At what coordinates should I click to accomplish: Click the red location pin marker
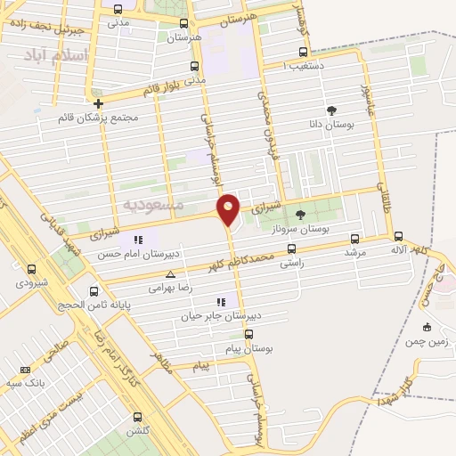point(228,208)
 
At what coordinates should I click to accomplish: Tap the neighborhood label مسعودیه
point(152,205)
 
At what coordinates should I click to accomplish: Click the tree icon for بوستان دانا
point(332,111)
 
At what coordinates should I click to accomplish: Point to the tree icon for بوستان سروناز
point(299,214)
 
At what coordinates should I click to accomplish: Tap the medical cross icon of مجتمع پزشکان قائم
point(98,103)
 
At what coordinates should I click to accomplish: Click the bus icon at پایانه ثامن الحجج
point(94,291)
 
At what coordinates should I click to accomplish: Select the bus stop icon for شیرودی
point(32,269)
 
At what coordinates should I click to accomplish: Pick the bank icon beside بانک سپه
point(24,370)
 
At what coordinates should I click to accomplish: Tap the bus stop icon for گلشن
point(137,417)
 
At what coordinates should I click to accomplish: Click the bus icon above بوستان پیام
point(248,335)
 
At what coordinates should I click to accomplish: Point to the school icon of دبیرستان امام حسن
point(137,240)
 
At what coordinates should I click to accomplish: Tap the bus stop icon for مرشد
point(355,239)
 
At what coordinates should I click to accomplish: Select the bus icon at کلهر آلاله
point(398,237)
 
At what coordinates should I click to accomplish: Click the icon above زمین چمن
point(427,327)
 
